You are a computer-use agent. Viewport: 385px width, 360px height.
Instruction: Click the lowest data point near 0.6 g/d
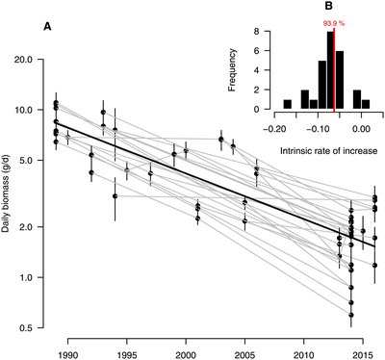351,314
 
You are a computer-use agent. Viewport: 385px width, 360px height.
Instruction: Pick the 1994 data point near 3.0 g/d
115,196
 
